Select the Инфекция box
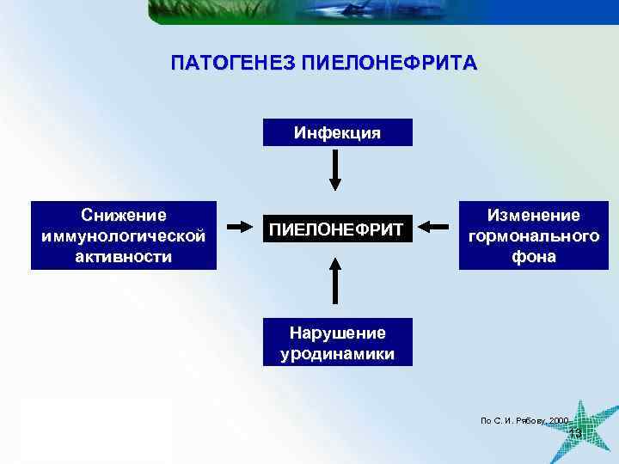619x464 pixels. [337, 132]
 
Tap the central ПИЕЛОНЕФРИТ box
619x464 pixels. [337, 229]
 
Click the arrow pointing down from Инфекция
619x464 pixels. [336, 172]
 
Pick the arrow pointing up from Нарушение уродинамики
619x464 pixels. [336, 282]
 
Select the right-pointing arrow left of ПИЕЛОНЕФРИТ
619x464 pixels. [242, 228]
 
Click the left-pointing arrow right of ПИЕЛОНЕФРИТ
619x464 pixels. [436, 228]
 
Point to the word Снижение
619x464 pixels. [123, 214]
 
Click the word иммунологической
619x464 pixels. [123, 235]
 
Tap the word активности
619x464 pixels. [123, 256]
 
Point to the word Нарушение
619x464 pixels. [337, 333]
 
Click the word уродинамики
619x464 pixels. [337, 353]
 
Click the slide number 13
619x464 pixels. [575, 435]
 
